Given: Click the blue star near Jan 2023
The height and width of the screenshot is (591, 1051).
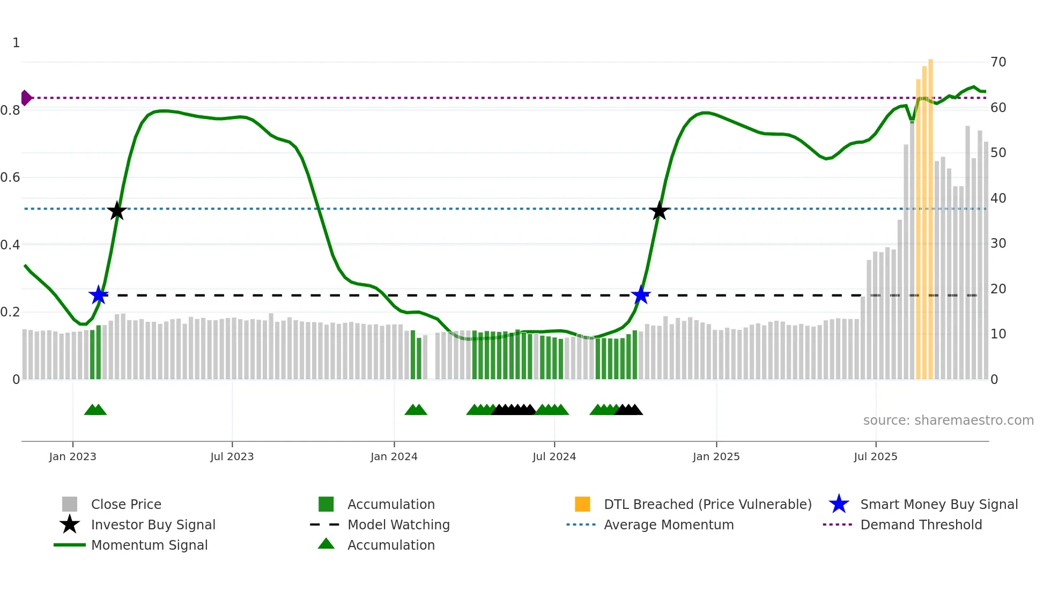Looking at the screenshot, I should [99, 295].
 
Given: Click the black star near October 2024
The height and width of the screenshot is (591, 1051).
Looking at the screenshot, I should [659, 211].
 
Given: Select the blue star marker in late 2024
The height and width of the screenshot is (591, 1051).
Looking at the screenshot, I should [641, 295].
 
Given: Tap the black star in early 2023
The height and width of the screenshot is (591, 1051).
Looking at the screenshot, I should [117, 211].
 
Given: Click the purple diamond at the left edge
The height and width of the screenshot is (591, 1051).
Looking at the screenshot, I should [26, 98].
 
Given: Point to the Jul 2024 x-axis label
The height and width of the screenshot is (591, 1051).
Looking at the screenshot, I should [554, 456].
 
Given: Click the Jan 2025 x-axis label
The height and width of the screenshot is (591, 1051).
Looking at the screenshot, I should [716, 456].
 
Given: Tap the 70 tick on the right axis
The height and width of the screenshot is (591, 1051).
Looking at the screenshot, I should [998, 62].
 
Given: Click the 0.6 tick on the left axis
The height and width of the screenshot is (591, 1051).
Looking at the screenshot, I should [10, 178].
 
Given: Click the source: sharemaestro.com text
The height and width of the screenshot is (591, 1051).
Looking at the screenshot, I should [948, 420].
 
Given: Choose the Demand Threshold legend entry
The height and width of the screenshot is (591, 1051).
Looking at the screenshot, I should [921, 524].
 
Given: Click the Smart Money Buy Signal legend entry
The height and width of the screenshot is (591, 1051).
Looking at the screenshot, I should [938, 504].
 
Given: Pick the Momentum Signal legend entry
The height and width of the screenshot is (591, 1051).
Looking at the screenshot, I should [149, 545].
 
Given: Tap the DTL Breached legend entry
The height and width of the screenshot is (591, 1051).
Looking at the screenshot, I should [707, 504].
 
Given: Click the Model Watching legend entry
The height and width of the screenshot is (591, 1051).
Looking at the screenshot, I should [398, 524].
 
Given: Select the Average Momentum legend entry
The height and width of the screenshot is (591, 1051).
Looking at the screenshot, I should [668, 524].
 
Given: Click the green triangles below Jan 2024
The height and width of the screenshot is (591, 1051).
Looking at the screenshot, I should [416, 410].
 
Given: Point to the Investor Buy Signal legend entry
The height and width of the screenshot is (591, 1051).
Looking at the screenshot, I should [153, 524].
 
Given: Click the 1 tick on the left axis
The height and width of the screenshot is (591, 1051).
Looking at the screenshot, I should [16, 43].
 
